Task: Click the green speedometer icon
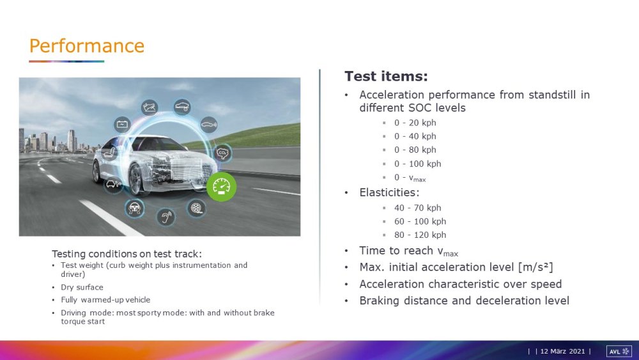pos(221,187)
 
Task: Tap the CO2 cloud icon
pos(222,153)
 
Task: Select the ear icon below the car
pos(166,217)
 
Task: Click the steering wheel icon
pos(134,208)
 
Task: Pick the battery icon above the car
pos(122,124)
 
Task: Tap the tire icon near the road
pos(196,208)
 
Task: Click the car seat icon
pos(109,152)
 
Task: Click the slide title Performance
pos(87,45)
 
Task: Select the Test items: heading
pos(387,76)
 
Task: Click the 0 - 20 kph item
pos(415,123)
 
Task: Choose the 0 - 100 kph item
pos(417,164)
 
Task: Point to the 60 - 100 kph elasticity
pos(420,221)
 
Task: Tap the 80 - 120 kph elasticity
pos(420,235)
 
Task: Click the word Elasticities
pos(388,192)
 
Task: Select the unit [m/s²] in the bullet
pos(535,267)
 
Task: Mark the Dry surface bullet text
pos(82,287)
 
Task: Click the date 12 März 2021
pos(562,351)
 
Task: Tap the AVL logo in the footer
pos(619,351)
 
